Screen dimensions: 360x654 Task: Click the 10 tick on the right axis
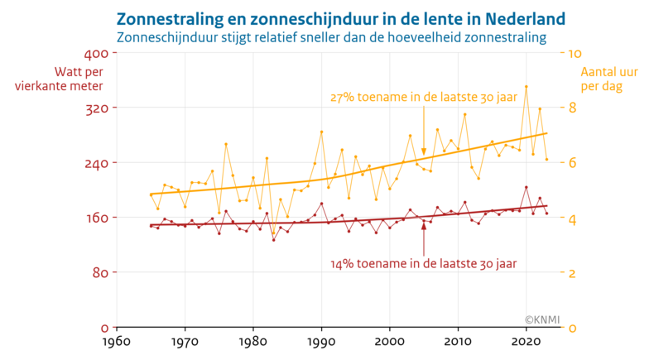point(572,53)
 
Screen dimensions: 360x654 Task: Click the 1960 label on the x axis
point(116,341)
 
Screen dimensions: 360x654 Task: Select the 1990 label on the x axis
point(321,341)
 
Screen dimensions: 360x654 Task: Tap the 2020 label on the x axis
point(527,341)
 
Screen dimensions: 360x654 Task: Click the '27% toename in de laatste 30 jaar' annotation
point(423,97)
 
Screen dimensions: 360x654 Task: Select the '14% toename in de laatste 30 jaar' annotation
point(423,264)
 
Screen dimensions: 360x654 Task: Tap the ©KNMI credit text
point(542,318)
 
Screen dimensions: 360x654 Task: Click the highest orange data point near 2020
point(526,86)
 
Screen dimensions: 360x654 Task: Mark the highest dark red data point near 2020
point(526,187)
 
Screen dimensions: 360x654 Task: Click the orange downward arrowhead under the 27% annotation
point(424,152)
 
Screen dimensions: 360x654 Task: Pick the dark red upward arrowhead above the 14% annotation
point(424,226)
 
